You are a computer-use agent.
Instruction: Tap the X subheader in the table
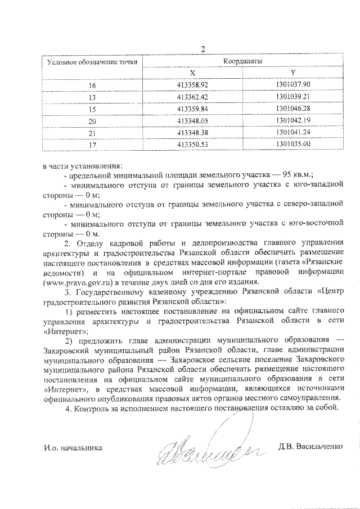[x=192, y=73]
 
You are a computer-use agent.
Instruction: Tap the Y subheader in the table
[x=293, y=73]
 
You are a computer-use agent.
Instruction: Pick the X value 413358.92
[x=192, y=85]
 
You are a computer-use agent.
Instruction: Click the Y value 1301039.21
[x=293, y=97]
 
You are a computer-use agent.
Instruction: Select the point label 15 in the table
[x=93, y=109]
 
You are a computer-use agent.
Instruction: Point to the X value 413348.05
[x=192, y=121]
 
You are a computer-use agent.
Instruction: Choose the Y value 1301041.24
[x=293, y=133]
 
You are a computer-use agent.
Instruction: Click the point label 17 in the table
[x=93, y=145]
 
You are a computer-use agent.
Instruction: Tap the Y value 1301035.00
[x=293, y=145]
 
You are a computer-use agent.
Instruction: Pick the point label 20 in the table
[x=93, y=121]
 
